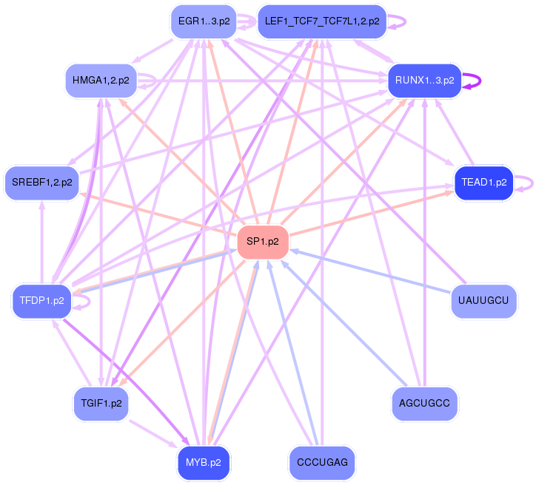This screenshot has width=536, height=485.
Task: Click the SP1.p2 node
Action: (x=263, y=242)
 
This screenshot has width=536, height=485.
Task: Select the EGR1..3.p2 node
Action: (x=203, y=21)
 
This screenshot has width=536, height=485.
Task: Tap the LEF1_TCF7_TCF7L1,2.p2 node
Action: (x=322, y=21)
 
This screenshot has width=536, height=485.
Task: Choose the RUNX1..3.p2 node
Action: (x=425, y=80)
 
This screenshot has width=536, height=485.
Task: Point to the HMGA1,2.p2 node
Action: (x=101, y=80)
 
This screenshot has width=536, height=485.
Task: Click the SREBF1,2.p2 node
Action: (x=41, y=182)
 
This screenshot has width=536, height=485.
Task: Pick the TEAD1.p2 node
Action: (x=484, y=182)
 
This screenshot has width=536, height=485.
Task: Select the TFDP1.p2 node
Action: (x=41, y=301)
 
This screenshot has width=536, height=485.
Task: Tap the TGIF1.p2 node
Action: (x=101, y=404)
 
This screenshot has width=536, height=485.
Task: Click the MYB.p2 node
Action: (x=203, y=462)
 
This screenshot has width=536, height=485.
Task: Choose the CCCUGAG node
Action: (x=322, y=462)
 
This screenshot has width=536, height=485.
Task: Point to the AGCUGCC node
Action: (x=425, y=404)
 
